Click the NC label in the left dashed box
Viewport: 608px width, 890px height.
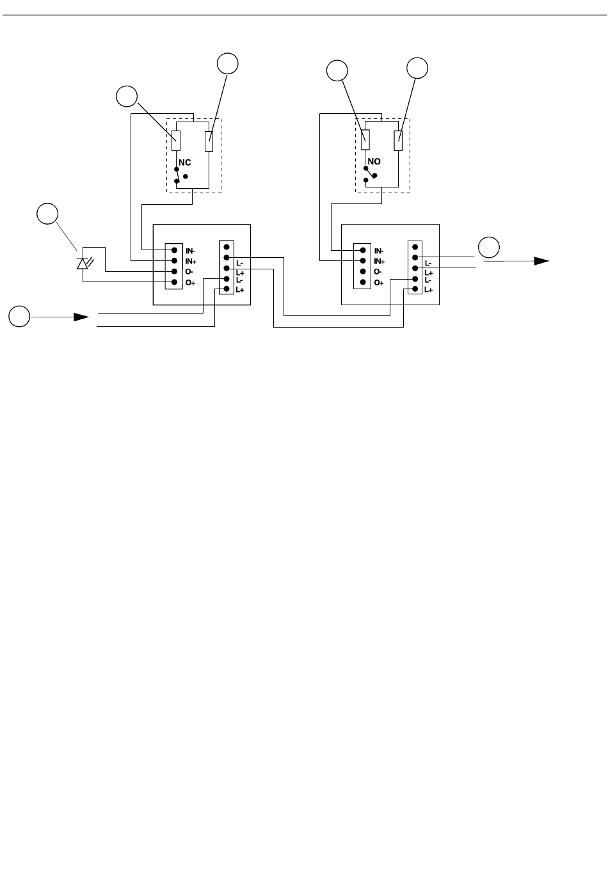point(184,163)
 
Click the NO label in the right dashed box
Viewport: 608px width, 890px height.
point(374,163)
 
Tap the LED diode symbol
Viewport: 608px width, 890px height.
point(83,262)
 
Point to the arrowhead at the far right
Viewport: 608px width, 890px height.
point(541,261)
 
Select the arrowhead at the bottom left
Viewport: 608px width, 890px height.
point(81,317)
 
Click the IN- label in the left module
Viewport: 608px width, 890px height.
point(191,251)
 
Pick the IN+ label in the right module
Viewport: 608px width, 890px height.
point(380,261)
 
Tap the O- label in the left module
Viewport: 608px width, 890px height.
point(190,271)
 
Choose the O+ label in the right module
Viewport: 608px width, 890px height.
point(379,282)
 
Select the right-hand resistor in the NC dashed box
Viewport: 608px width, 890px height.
point(209,141)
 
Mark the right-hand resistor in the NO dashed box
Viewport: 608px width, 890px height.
point(398,141)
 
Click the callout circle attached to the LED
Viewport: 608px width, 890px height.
point(46,214)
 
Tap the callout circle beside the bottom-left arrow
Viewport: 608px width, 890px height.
point(19,316)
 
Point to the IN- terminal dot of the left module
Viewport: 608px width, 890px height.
point(173,250)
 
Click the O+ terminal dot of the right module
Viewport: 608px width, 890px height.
point(363,282)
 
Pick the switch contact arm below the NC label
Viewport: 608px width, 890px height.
point(177,175)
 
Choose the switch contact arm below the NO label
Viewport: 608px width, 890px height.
point(369,174)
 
